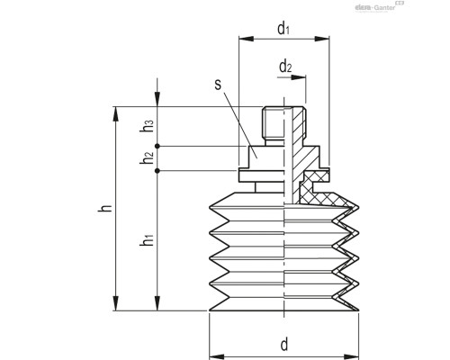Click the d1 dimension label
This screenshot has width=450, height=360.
[283, 30]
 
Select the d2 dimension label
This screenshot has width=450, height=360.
[285, 67]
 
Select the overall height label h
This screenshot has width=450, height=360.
[105, 209]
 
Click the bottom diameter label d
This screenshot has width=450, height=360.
[284, 344]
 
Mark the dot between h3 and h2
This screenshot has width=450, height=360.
[157, 146]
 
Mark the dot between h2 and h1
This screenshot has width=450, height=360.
[157, 171]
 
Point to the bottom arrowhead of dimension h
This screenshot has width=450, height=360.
[114, 305]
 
